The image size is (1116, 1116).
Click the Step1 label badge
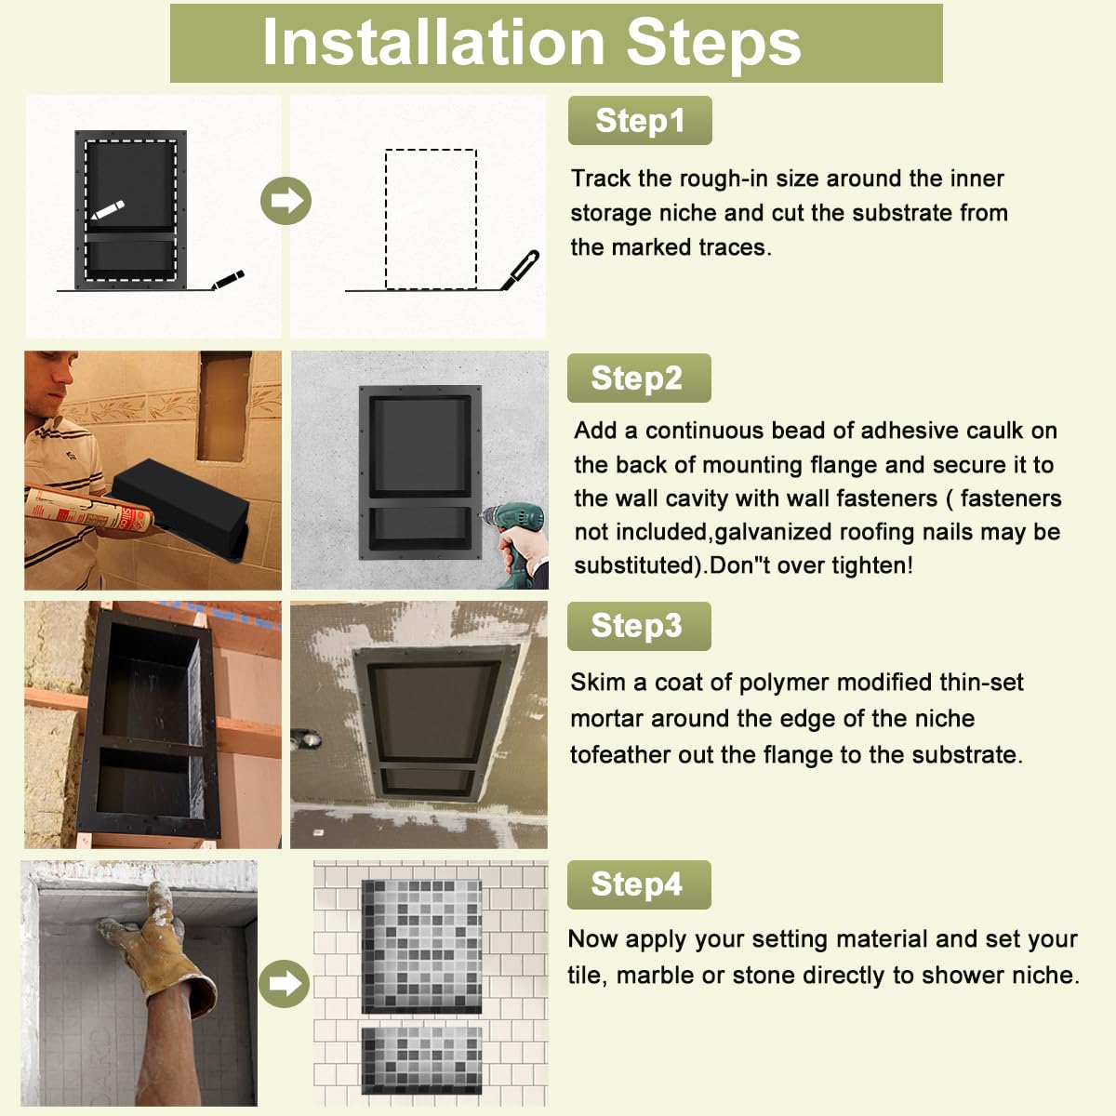coord(639,121)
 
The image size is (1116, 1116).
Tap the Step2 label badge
coord(639,379)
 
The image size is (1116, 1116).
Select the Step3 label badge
coord(639,626)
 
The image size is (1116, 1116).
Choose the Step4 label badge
coord(639,884)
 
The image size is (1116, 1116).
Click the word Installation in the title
coord(433,43)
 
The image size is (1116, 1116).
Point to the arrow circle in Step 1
coord(286,201)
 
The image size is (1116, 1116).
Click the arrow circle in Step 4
coord(284,983)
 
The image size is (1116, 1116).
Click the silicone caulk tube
coord(86,509)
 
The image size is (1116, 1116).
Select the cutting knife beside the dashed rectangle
coord(520,270)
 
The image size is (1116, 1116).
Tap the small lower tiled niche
coord(421,1060)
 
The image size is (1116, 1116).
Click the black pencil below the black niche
coord(228,280)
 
